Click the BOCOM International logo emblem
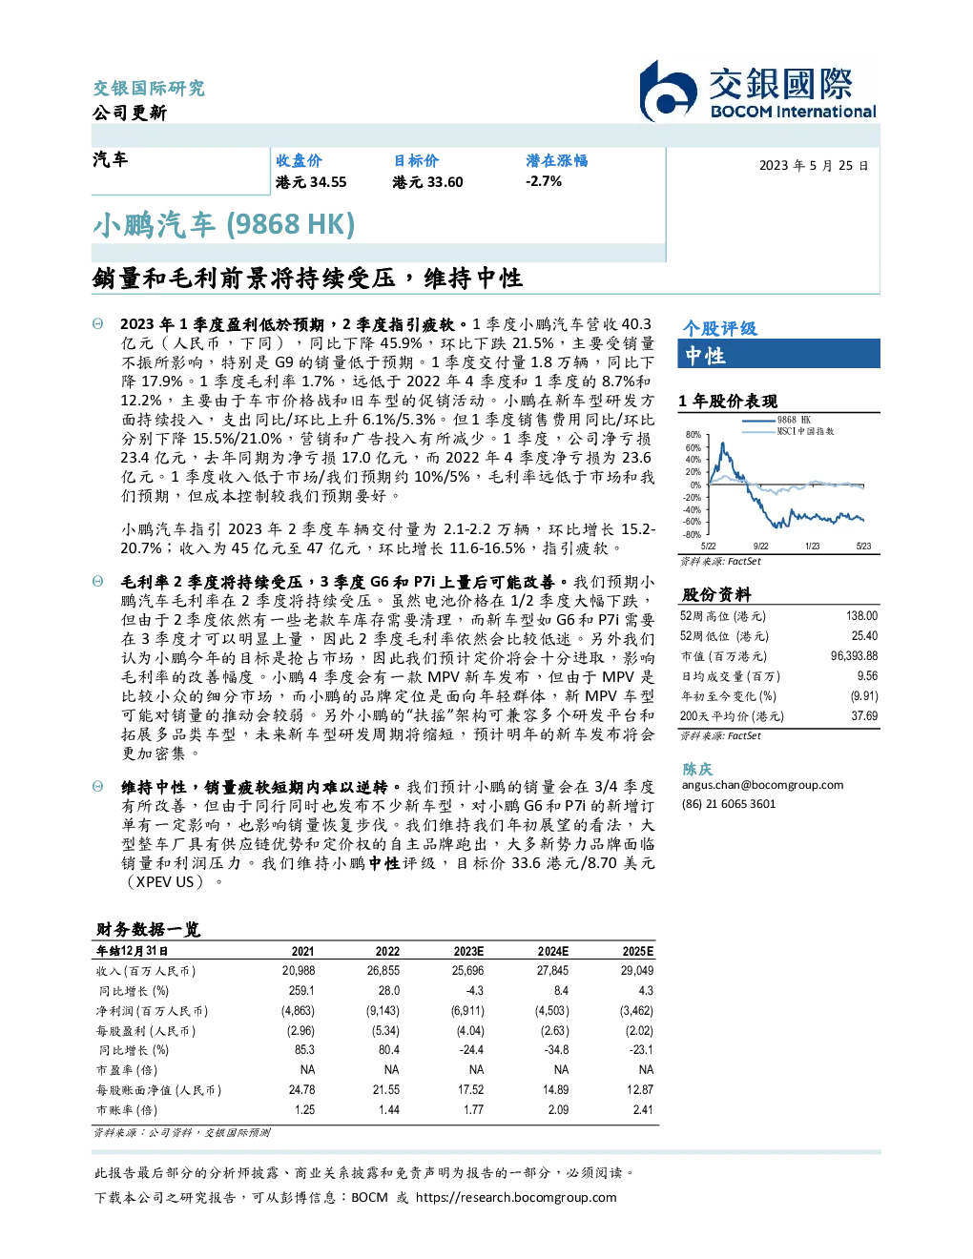[668, 92]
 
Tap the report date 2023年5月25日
[814, 166]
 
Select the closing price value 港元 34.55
[311, 182]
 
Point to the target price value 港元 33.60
[427, 182]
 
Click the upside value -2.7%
[544, 181]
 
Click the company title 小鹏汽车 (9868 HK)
[223, 225]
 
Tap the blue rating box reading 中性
[778, 354]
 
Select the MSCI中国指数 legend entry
[788, 431]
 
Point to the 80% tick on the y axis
[694, 435]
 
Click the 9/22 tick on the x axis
[761, 546]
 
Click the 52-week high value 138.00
[861, 616]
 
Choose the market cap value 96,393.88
[854, 656]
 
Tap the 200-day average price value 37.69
[864, 716]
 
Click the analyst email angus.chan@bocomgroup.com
[762, 785]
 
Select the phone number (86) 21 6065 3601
[729, 804]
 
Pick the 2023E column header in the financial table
[468, 951]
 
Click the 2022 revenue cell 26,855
[383, 970]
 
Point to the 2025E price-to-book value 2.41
[643, 1109]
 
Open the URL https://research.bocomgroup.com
[516, 1198]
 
